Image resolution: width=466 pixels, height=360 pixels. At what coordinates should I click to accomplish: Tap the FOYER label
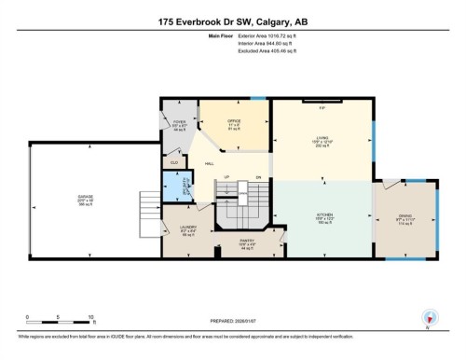[x=180, y=121]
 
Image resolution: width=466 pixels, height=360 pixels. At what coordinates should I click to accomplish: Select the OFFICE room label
[x=235, y=122]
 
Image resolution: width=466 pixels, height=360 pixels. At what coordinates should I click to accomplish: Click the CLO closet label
[x=173, y=162]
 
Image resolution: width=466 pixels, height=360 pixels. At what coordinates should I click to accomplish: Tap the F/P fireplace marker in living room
[x=322, y=109]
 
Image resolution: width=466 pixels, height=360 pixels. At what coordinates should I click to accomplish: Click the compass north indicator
[x=430, y=316]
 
